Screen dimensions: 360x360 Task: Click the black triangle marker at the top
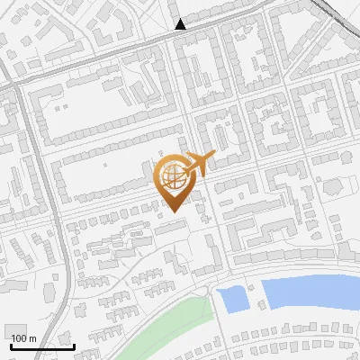[x=181, y=24]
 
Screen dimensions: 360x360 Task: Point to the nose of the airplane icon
[x=212, y=156]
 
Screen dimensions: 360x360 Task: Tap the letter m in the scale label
[x=32, y=338]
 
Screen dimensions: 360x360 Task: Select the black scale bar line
[x=41, y=346]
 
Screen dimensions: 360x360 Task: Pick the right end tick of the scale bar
[x=74, y=345]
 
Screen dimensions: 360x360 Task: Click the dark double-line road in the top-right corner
[x=342, y=13]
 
